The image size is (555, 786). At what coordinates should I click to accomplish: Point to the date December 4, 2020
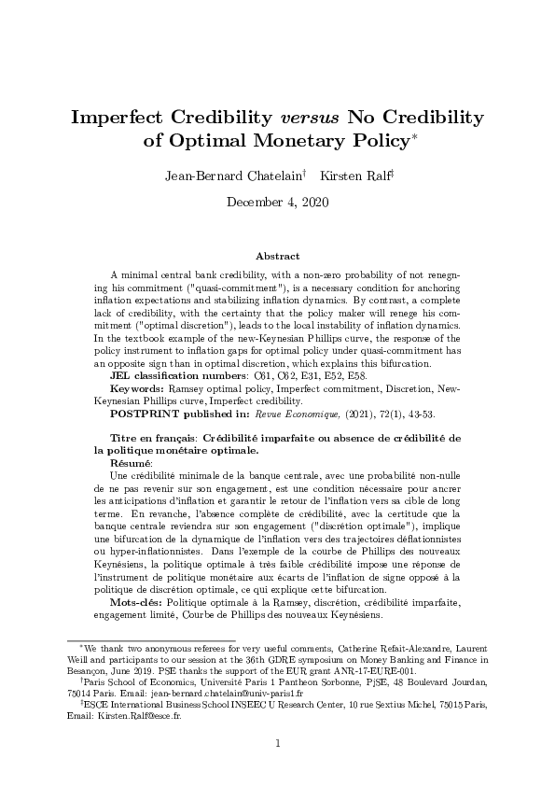(277, 201)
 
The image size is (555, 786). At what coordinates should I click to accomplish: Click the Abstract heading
(277, 256)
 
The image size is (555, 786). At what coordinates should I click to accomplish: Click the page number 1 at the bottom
(277, 743)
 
